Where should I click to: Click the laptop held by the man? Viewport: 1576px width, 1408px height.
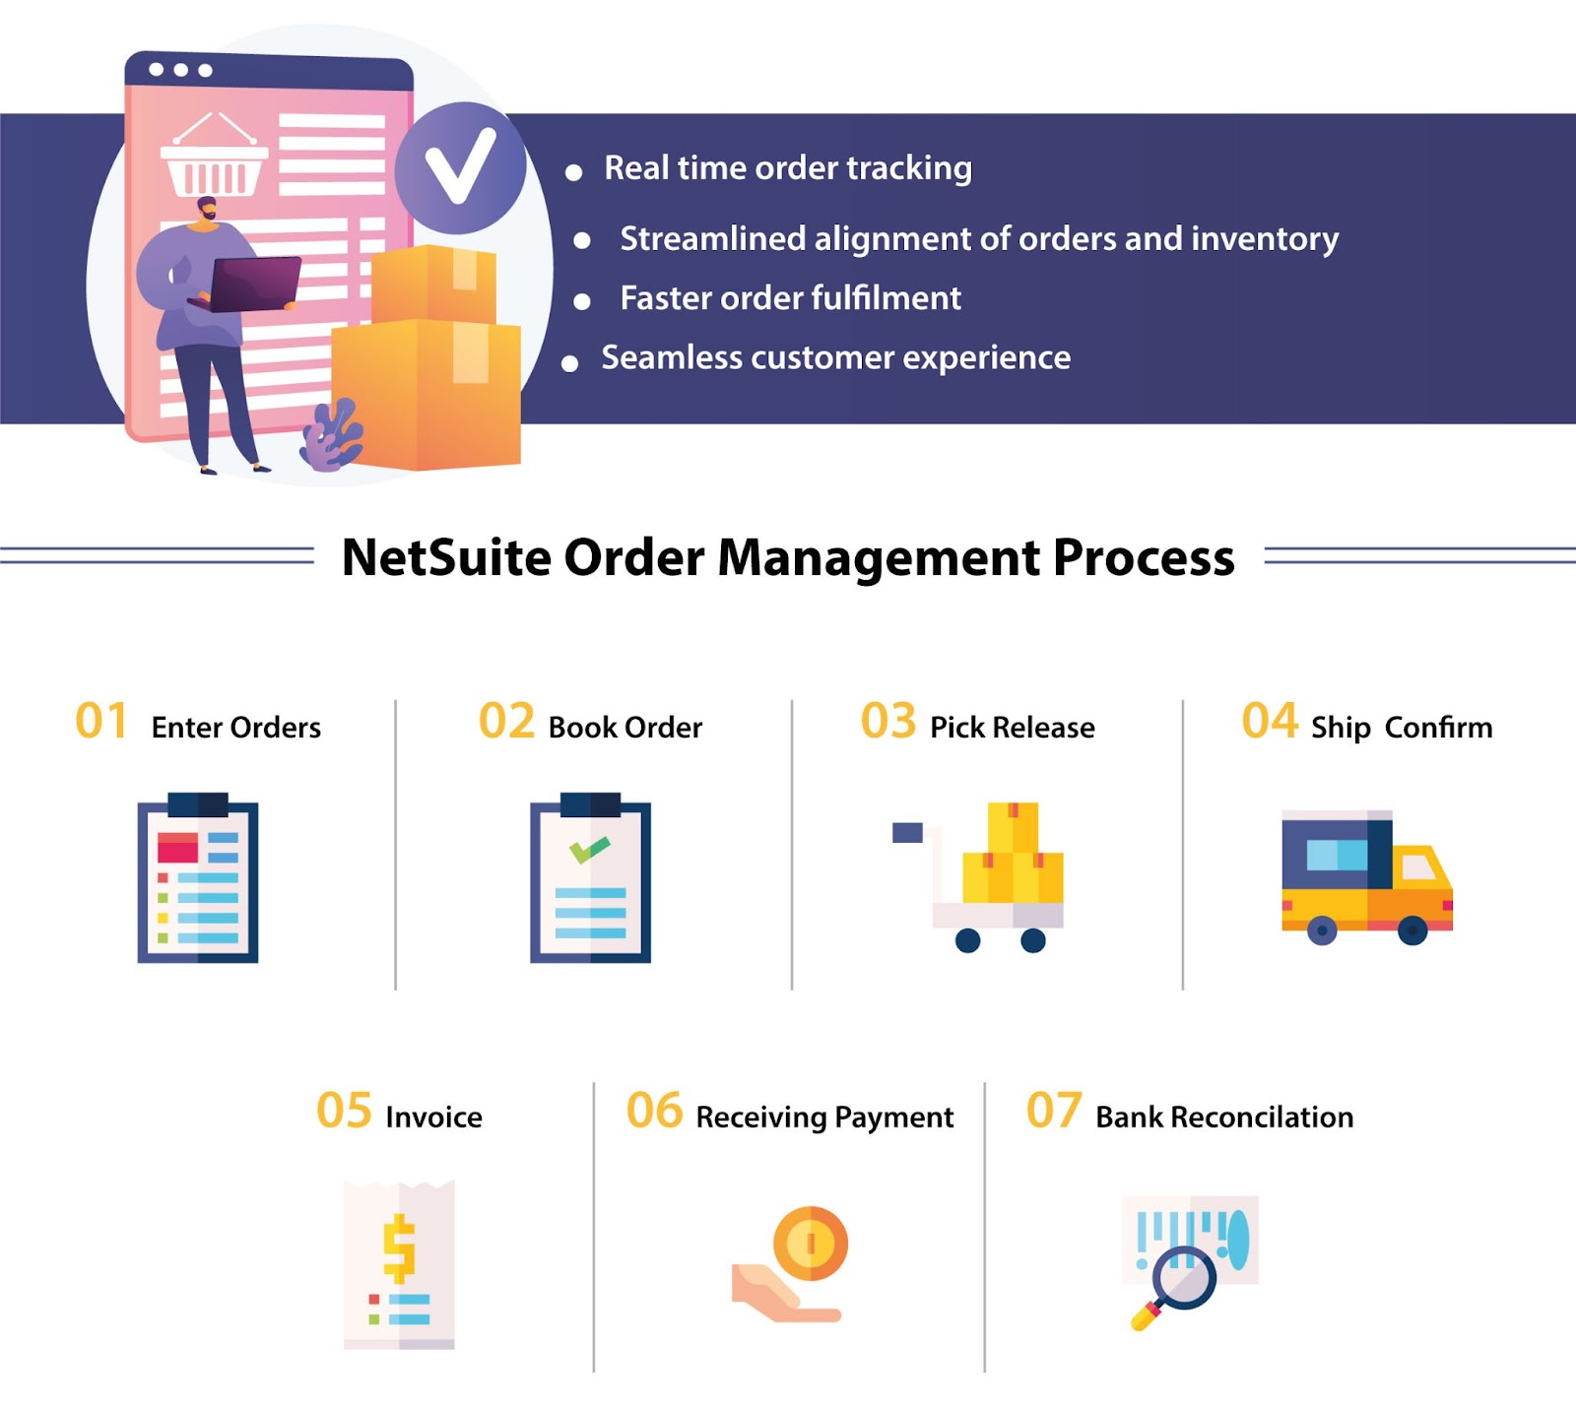[252, 284]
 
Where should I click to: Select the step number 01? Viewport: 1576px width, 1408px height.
[101, 721]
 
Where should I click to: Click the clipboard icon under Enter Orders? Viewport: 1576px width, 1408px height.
[198, 877]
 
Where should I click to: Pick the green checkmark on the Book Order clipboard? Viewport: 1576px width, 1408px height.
[589, 849]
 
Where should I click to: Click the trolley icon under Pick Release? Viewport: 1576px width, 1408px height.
[978, 877]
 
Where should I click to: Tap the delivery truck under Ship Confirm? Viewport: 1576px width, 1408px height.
[1367, 877]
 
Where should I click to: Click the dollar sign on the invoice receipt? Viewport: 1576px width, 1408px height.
[399, 1248]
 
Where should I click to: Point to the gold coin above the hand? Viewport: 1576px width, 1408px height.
[811, 1244]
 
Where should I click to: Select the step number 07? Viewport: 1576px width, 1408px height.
[1054, 1111]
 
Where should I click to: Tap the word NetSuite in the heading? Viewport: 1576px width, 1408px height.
[446, 557]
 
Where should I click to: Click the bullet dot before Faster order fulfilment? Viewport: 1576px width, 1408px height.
[582, 301]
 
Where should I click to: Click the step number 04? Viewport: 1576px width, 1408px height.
[1270, 721]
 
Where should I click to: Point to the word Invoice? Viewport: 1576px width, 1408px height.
[433, 1118]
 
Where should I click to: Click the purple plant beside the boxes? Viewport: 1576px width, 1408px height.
[332, 434]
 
